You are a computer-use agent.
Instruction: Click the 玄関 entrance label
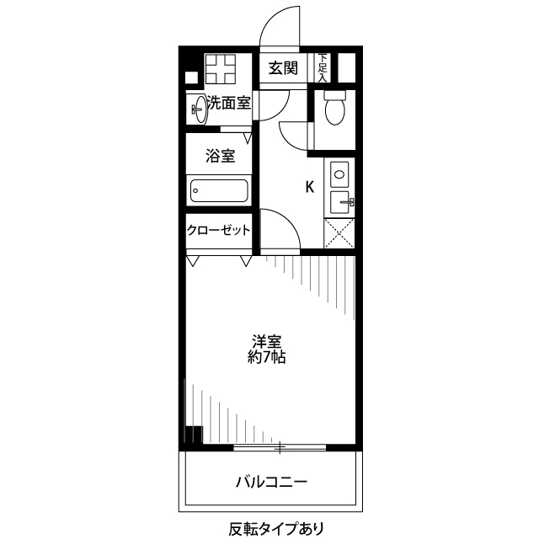tap(284, 68)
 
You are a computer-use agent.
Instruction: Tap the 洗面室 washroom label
tap(228, 104)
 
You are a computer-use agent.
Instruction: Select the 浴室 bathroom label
tap(220, 156)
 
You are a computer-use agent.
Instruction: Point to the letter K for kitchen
tap(309, 187)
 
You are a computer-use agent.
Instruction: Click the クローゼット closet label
tap(219, 230)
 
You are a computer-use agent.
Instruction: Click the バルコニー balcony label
tap(271, 483)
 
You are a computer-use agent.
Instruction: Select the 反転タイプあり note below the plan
tap(275, 529)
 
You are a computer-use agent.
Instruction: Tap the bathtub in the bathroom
tap(219, 191)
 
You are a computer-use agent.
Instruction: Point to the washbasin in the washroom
tap(200, 109)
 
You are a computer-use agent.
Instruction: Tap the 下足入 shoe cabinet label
tap(323, 66)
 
